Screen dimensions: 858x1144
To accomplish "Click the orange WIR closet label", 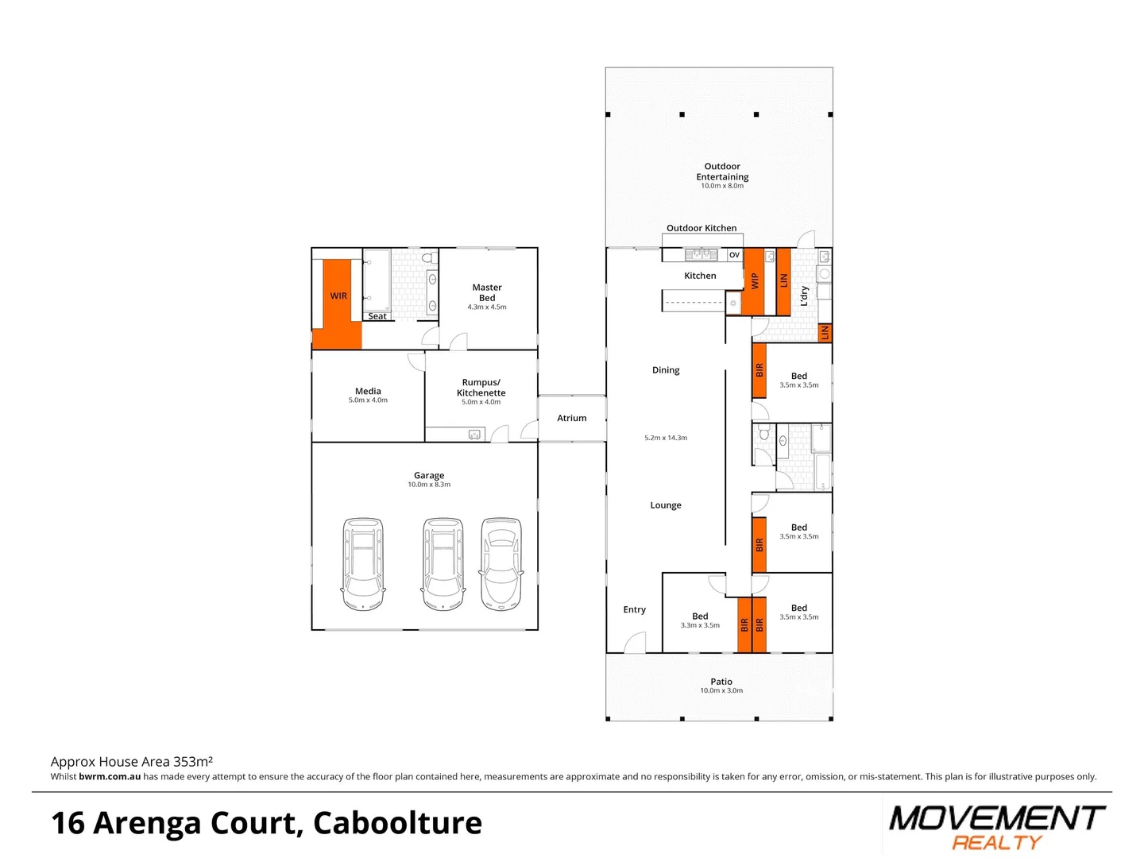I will (x=338, y=296).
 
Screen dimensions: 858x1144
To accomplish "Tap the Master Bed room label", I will (x=487, y=292).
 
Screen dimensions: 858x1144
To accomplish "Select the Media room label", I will (x=368, y=391).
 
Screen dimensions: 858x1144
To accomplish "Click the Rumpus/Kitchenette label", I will (x=481, y=388).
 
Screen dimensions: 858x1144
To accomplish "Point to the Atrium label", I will (x=571, y=418).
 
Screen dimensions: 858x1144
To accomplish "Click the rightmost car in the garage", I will (x=501, y=564).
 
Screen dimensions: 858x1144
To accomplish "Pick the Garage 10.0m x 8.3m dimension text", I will (x=429, y=485).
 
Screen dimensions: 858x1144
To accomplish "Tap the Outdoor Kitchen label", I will (x=701, y=228).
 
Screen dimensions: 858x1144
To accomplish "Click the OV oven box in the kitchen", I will (x=734, y=255).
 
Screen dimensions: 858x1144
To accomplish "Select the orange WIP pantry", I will (x=754, y=281).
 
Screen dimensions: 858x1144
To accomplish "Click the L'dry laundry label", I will (x=804, y=296).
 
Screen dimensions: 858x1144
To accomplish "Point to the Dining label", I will (x=666, y=370).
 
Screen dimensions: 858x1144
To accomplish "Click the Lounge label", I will (x=666, y=505).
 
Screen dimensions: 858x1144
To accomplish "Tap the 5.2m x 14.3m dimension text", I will (x=666, y=438).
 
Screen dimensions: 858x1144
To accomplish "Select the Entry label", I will (x=634, y=610).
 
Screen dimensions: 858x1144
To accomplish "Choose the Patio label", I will (x=721, y=682).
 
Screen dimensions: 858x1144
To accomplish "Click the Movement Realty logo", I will (x=997, y=826).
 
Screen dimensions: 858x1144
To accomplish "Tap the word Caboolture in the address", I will (x=397, y=823).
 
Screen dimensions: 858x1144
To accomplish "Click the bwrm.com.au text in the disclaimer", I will (x=110, y=777).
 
